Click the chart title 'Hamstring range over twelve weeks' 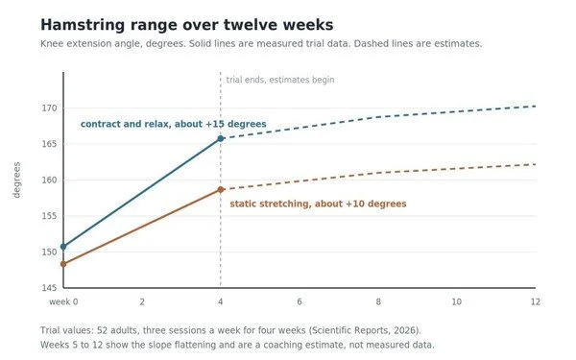(187, 25)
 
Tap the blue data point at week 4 (221, 138)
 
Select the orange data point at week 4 (221, 189)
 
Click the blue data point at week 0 (63, 247)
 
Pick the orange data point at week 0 (63, 264)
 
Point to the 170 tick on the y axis (50, 108)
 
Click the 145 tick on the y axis (50, 288)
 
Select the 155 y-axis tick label (50, 216)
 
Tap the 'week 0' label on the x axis (63, 302)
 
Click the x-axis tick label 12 (536, 302)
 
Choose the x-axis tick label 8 (378, 302)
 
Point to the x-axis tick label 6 (300, 302)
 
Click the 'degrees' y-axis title (17, 180)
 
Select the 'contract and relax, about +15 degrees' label (174, 124)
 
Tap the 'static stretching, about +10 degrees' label (318, 204)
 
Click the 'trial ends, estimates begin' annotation (280, 80)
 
